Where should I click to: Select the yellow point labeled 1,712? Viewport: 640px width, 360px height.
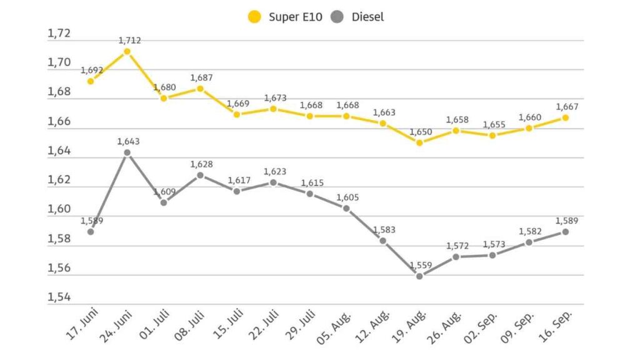pos(127,51)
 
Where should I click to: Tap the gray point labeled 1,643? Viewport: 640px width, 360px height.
pos(127,152)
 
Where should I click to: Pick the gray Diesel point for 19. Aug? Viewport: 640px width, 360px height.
pos(419,276)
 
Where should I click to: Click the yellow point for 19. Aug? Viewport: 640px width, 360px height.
pos(419,142)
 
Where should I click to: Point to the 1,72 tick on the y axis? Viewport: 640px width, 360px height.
pos(59,34)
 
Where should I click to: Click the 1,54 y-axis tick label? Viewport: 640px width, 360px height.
pos(59,297)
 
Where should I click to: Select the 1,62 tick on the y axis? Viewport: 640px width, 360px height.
pos(59,180)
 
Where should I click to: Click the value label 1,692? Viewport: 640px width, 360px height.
pos(91,71)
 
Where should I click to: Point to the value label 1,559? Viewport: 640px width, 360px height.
pos(419,265)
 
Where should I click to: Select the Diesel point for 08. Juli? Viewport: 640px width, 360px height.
pos(200,175)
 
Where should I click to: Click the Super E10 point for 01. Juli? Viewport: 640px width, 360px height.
pos(164,98)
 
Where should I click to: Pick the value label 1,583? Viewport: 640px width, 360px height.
pos(383,230)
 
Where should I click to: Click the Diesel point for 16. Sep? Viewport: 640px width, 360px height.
pos(565,231)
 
